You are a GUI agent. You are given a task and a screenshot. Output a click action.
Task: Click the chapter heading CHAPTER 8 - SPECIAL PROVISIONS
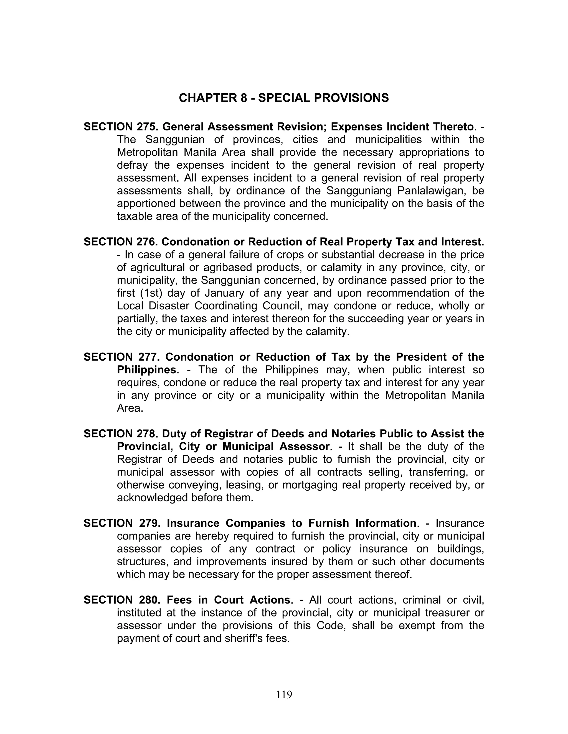pyautogui.click(x=284, y=98)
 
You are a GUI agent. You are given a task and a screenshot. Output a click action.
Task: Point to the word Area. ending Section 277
pyautogui.click(x=130, y=408)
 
